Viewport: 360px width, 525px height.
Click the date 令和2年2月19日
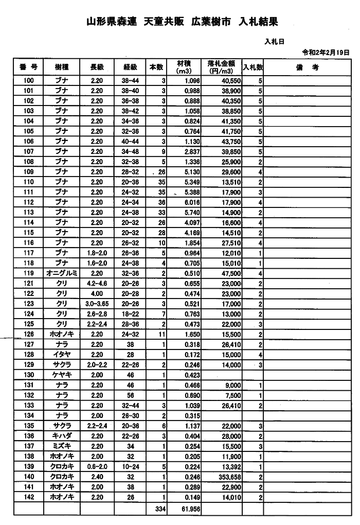[326, 52]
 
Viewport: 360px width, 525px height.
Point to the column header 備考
[308, 67]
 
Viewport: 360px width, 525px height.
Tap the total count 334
[157, 509]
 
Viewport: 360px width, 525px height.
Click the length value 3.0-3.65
[97, 304]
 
